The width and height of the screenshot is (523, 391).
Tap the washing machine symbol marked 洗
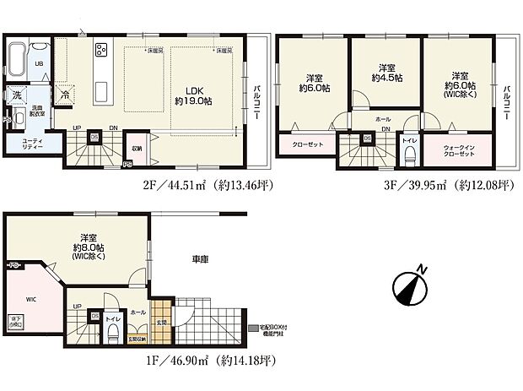(16, 95)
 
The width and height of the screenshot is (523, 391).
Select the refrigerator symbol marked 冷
(65, 95)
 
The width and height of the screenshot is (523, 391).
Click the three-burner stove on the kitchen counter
(100, 50)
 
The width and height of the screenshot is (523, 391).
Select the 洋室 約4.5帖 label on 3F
(386, 73)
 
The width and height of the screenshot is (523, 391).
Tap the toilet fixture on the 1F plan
(111, 330)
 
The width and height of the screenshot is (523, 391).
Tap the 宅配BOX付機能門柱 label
(275, 330)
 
